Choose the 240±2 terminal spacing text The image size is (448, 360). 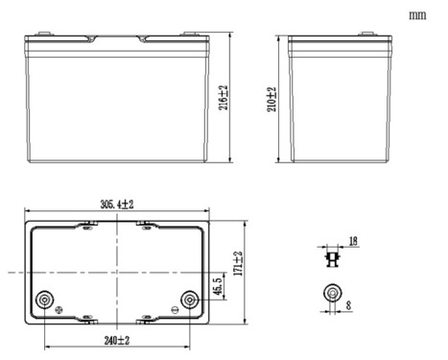click(x=117, y=340)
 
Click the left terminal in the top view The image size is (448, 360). click(x=44, y=300)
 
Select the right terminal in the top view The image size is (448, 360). click(x=190, y=300)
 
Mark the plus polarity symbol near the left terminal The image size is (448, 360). click(x=60, y=310)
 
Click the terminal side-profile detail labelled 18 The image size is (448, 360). click(x=334, y=257)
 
